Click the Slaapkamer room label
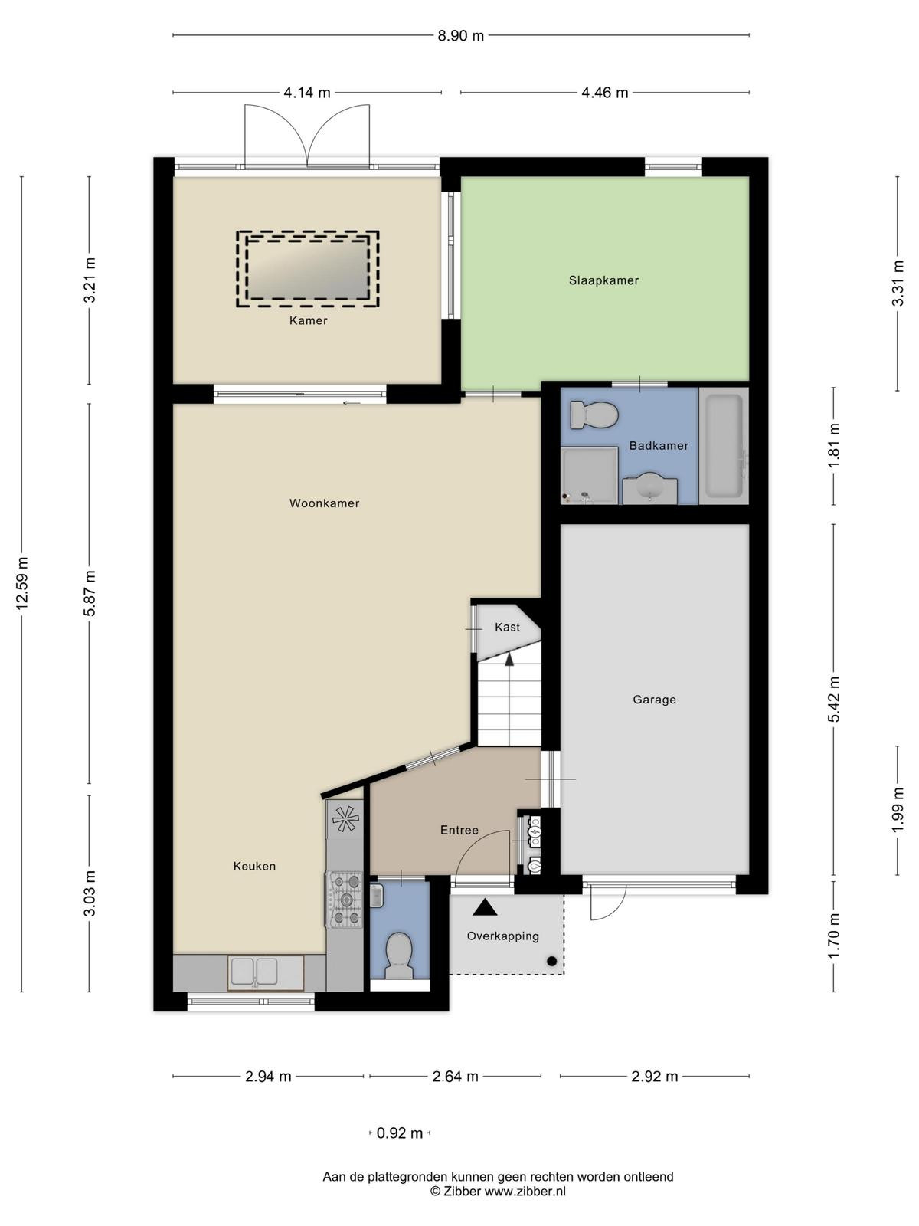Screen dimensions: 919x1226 tap(603, 280)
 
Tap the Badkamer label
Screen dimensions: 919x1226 tap(659, 446)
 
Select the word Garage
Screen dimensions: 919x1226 tap(654, 700)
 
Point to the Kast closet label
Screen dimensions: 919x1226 tap(507, 628)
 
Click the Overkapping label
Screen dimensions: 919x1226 tap(502, 936)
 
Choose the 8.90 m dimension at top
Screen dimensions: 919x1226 tap(460, 36)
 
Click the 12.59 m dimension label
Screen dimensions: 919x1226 tap(21, 583)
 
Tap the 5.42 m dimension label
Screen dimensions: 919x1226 tap(834, 699)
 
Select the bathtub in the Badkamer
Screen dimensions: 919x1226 tap(724, 445)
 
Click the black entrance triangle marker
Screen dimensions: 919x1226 tap(485, 908)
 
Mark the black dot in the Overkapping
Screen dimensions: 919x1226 tap(552, 961)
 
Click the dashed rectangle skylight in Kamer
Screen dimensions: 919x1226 tap(307, 269)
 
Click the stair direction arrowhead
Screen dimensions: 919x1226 tap(509, 660)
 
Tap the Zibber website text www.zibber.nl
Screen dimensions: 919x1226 tap(525, 1190)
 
